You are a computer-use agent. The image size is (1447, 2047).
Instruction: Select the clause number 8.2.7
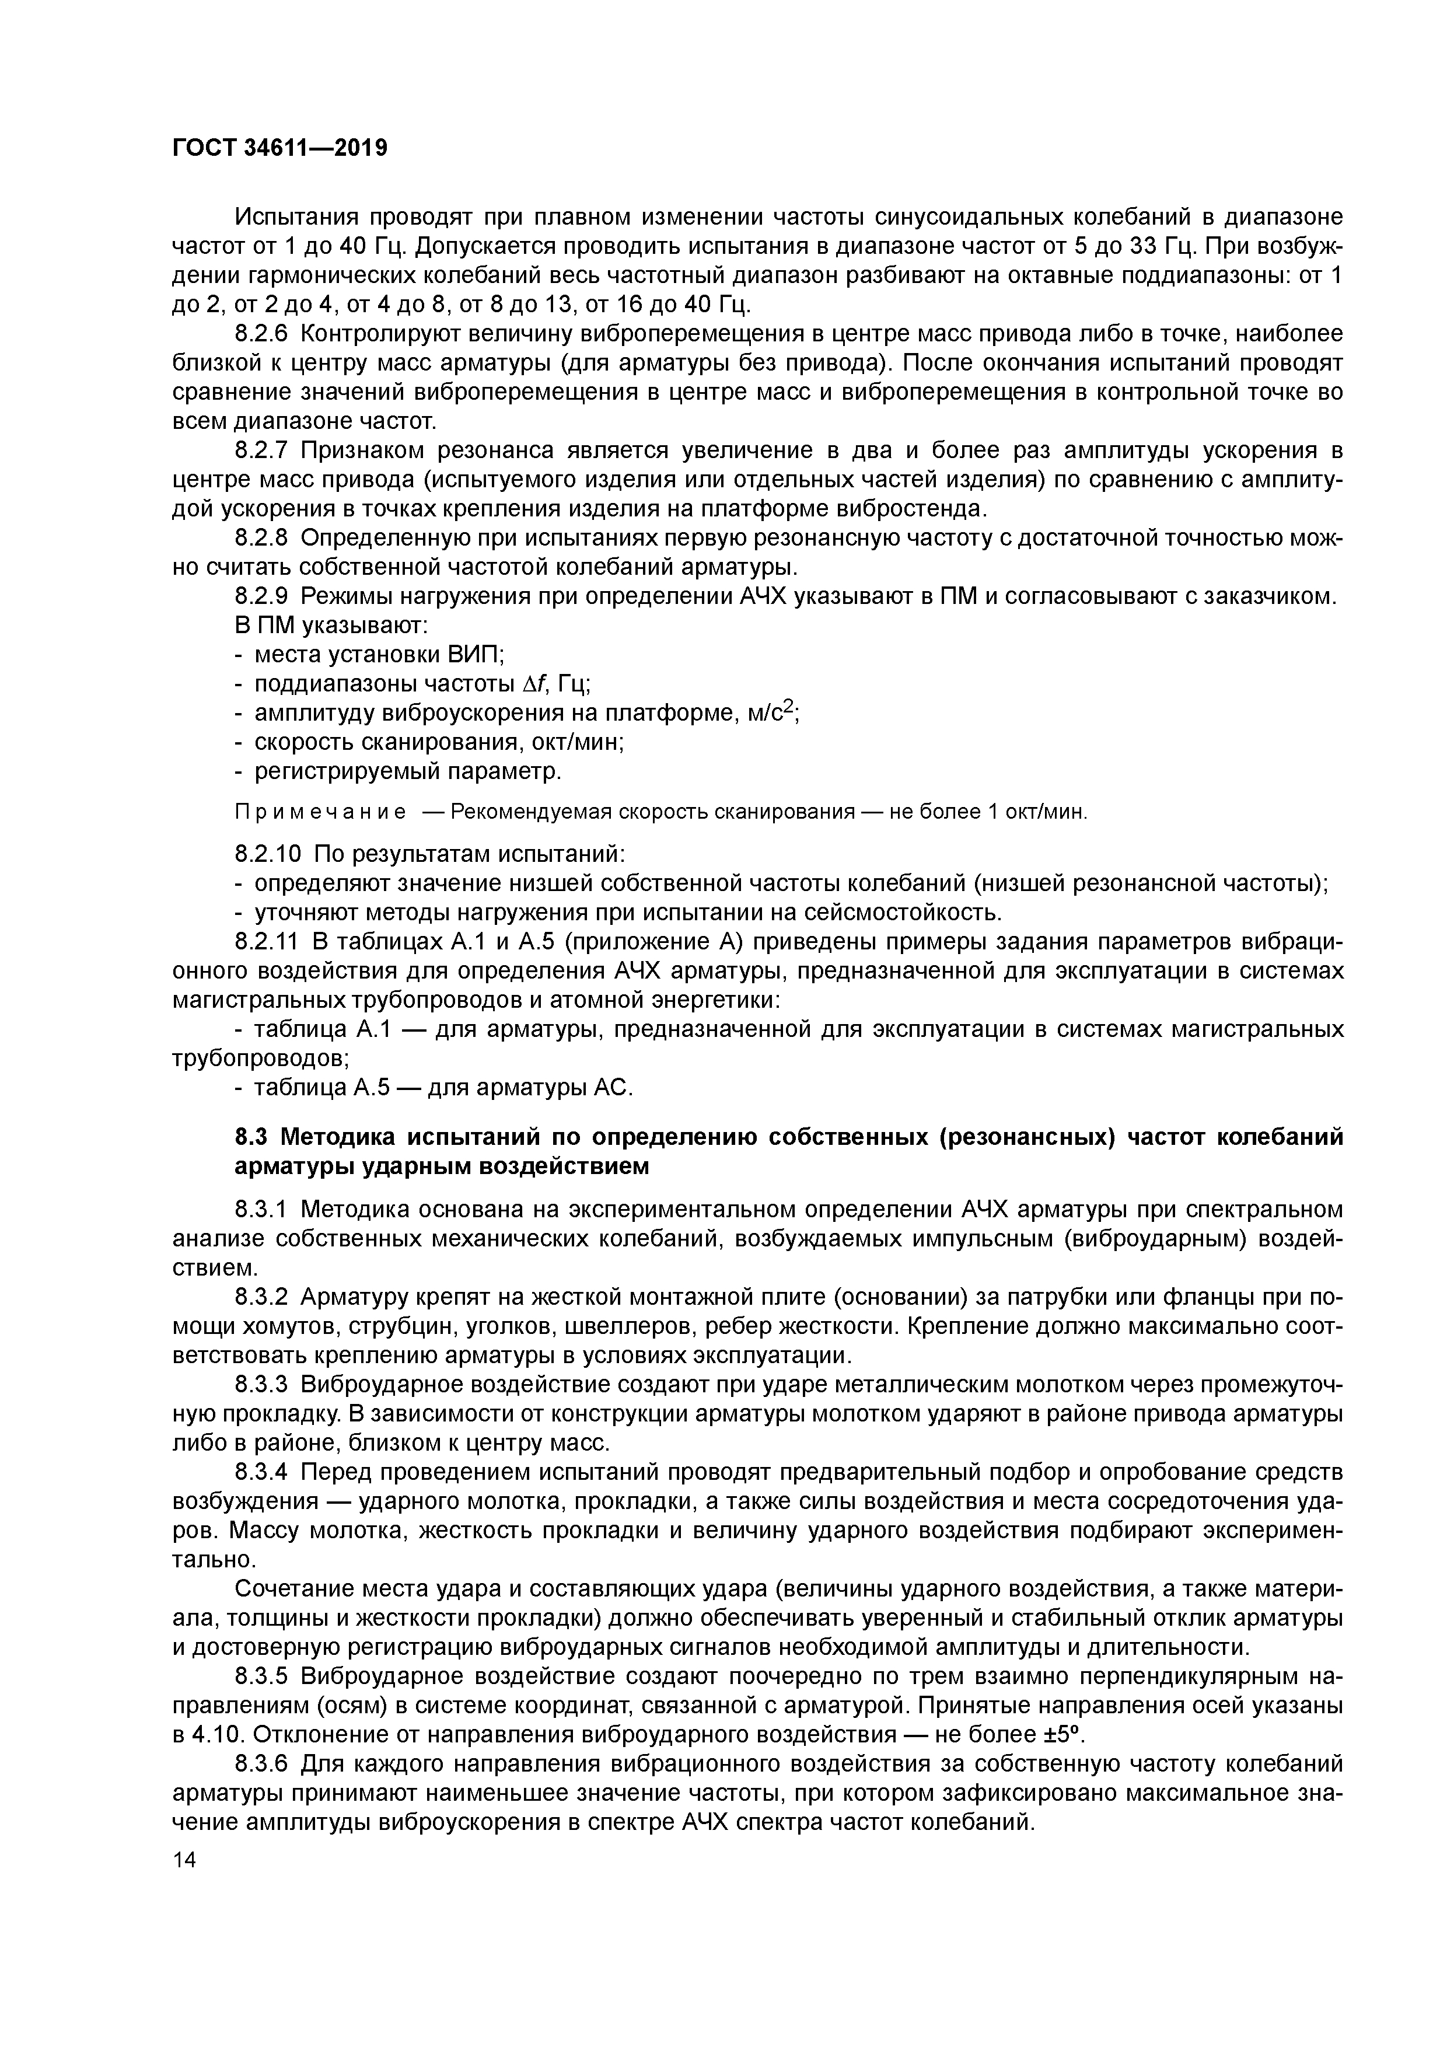click(262, 450)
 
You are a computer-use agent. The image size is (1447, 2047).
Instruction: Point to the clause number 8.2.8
click(262, 537)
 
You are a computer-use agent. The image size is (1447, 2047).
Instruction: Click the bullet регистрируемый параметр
click(407, 771)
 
